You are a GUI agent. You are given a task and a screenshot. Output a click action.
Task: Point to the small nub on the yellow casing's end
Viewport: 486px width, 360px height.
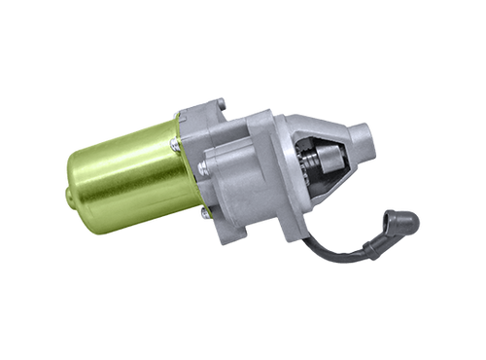point(66,196)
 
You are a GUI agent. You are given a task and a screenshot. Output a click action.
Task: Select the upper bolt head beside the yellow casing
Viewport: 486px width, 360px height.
point(176,143)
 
